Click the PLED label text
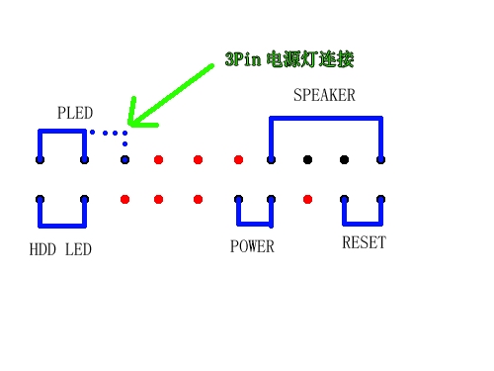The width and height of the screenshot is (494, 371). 74,113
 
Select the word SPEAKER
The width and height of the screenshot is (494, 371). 324,96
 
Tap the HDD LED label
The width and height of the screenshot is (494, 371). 60,249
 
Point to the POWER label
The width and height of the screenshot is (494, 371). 252,246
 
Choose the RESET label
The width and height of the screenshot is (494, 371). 364,243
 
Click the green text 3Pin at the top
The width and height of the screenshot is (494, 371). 243,60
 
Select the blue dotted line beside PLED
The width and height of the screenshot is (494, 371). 108,132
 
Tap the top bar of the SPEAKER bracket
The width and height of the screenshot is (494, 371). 326,119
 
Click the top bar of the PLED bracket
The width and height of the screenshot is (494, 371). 62,131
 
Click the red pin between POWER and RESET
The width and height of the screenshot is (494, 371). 308,199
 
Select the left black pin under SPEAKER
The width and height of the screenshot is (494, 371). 308,159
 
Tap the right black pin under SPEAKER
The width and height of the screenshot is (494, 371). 345,159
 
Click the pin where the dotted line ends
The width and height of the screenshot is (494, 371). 124,159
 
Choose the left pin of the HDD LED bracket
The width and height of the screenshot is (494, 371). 40,199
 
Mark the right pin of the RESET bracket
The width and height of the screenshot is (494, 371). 380,199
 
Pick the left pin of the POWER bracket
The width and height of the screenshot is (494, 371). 239,199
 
